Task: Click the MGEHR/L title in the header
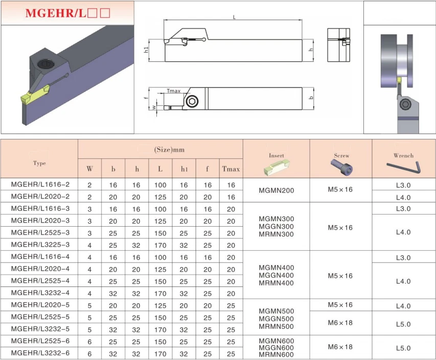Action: click(67, 13)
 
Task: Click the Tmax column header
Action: click(231, 168)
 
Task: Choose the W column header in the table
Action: click(90, 168)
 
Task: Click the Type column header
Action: click(39, 163)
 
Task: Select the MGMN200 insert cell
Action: click(276, 190)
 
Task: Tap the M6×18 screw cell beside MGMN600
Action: click(340, 347)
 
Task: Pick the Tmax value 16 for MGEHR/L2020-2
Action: click(231, 197)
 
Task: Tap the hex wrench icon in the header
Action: click(403, 167)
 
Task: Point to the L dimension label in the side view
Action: click(234, 17)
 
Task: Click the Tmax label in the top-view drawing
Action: click(174, 91)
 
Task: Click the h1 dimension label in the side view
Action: click(146, 50)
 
